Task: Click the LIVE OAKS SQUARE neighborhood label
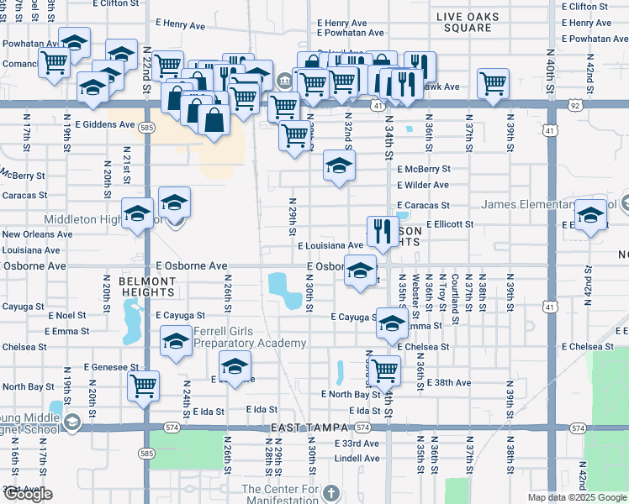[x=468, y=22]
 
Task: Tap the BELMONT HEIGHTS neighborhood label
[x=146, y=286]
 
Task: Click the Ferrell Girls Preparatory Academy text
[x=250, y=337]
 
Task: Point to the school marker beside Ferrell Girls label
[x=176, y=341]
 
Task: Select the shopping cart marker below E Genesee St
[x=144, y=386]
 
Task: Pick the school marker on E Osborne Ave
[x=361, y=270]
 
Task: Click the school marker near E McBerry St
[x=339, y=165]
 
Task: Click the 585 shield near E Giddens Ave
[x=147, y=128]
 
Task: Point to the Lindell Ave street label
[x=357, y=459]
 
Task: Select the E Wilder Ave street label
[x=423, y=185]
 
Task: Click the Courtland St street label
[x=454, y=298]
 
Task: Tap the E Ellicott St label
[x=450, y=224]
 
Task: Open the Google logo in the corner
[x=28, y=494]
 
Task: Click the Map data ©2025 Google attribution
[x=577, y=497]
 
